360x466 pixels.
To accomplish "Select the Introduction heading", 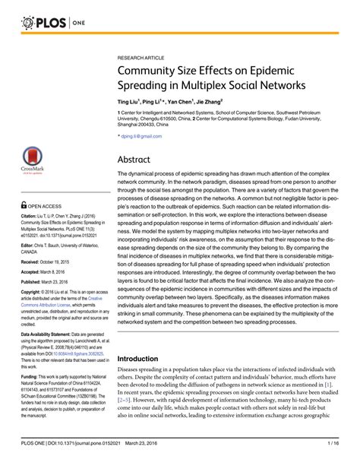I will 149,358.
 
